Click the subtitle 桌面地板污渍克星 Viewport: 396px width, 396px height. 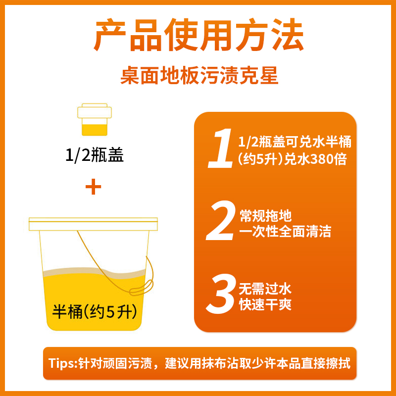(199, 77)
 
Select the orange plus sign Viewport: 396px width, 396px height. (93, 188)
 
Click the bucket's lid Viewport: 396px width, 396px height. (93, 224)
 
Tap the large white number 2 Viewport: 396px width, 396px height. (221, 222)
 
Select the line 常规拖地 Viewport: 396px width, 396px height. (265, 216)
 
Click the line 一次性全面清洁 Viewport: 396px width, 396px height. (285, 231)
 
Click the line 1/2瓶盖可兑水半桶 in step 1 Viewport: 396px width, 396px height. (295, 143)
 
